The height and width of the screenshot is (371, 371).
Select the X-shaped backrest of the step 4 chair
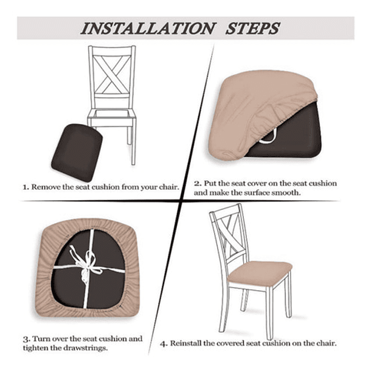(x=232, y=234)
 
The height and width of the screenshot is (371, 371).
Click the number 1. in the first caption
(x=26, y=187)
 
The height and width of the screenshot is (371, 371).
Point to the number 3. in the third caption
(x=26, y=338)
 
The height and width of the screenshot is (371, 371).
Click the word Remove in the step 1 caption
(x=45, y=187)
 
